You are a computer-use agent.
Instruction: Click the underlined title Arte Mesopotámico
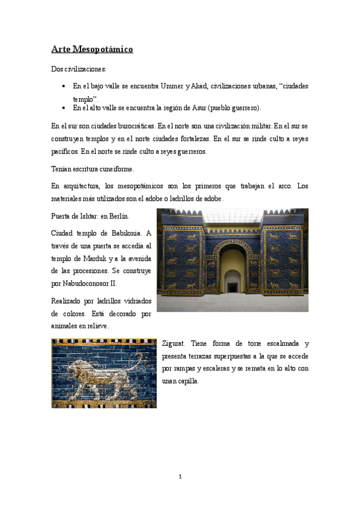tap(91, 49)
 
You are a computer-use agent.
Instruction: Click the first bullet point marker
tap(64, 87)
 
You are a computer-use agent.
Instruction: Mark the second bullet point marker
tap(64, 108)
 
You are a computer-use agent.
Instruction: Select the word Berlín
tap(118, 215)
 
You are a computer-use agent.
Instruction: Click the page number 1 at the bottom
tap(180, 477)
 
